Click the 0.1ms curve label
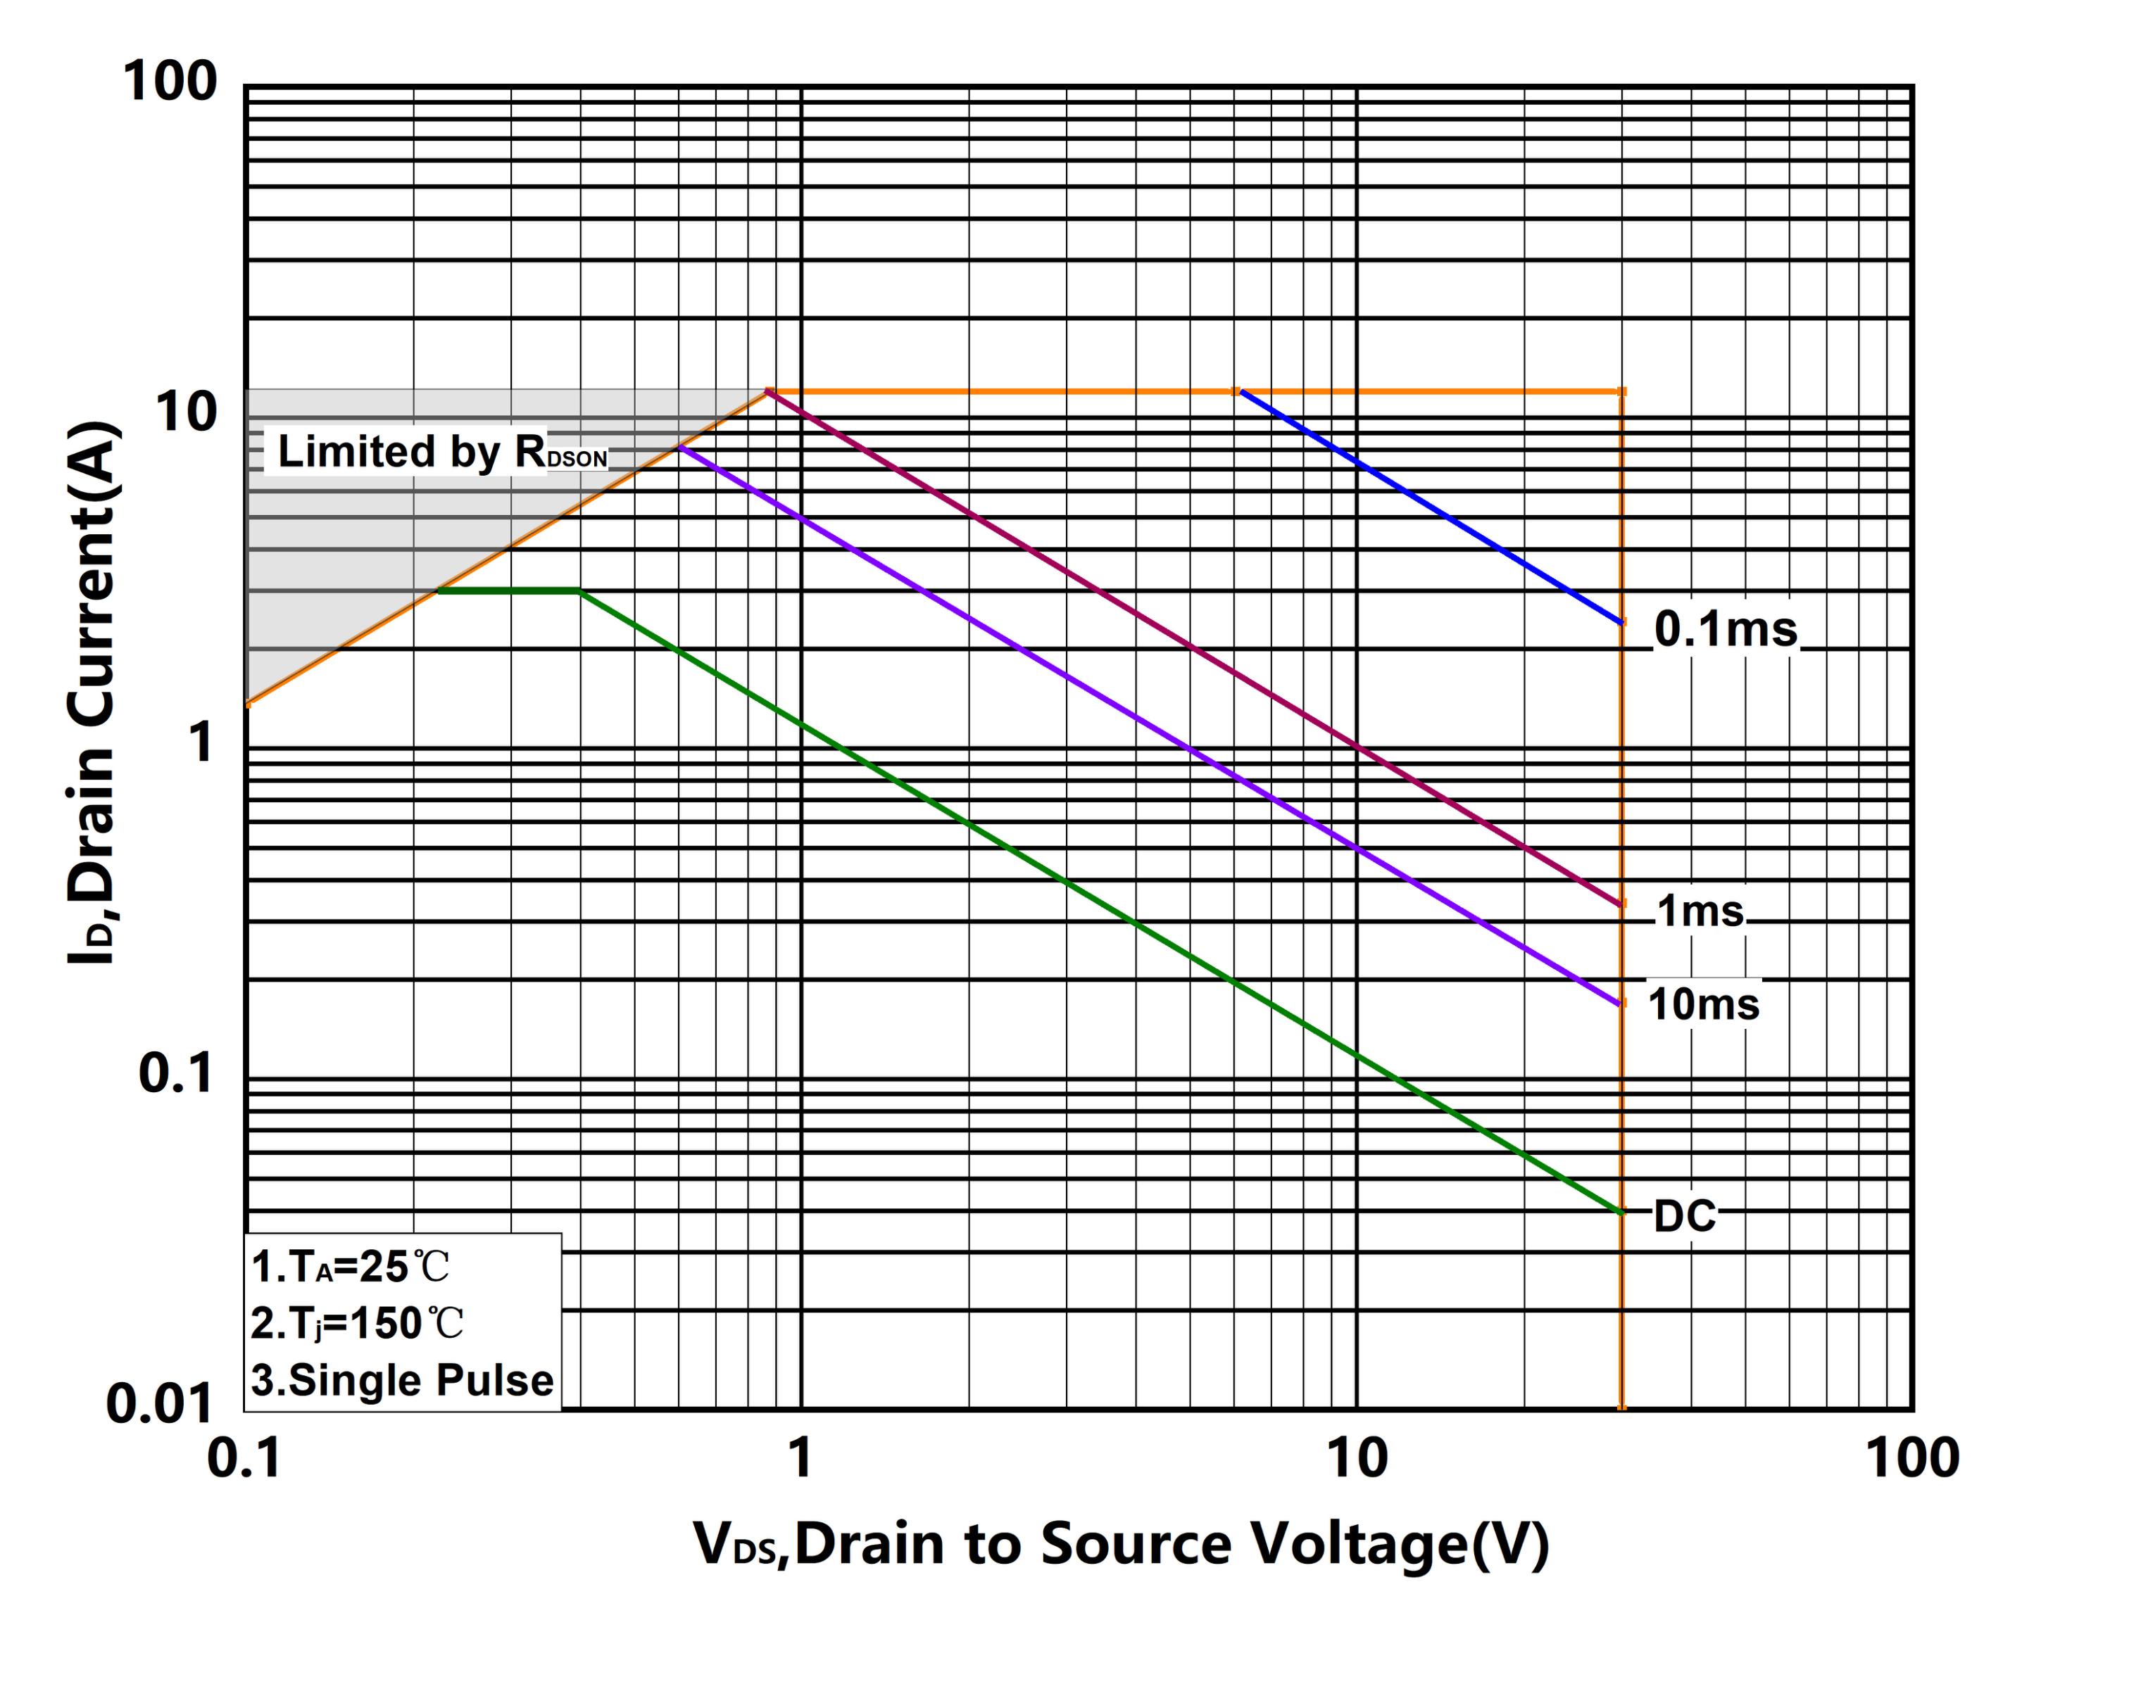pos(1725,629)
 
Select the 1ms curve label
pos(1700,910)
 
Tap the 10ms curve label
pos(1703,1004)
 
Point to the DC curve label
pos(1685,1216)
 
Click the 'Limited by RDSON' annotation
pos(441,452)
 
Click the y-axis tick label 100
pos(169,81)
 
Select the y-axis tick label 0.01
pos(159,1403)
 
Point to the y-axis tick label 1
pos(201,742)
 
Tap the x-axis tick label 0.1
pos(244,1458)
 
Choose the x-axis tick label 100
pos(1911,1458)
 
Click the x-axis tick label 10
pos(1356,1458)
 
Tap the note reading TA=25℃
pos(351,1267)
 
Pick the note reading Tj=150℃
pos(356,1323)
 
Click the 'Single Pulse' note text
pos(402,1380)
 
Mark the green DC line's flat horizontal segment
pos(508,590)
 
